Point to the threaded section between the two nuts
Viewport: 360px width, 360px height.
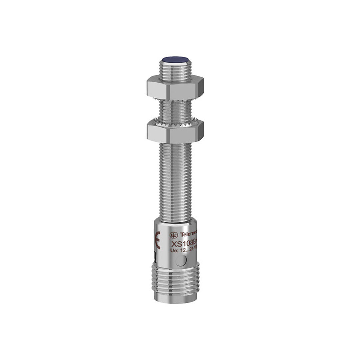(175, 110)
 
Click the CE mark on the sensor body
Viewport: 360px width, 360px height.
(158, 240)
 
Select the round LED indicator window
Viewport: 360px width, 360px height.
(180, 262)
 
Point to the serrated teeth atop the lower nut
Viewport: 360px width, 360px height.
(175, 123)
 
